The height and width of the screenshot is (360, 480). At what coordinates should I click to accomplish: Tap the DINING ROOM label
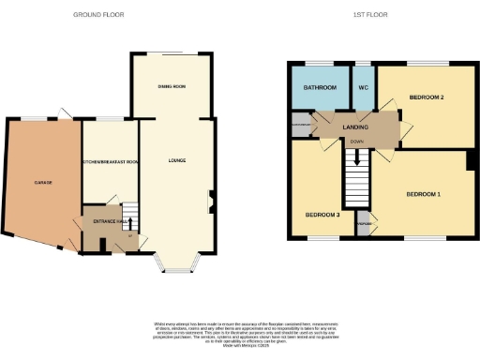pyautogui.click(x=172, y=86)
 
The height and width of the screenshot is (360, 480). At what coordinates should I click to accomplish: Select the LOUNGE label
pyautogui.click(x=176, y=160)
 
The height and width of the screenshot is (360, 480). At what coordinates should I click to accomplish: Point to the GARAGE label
pyautogui.click(x=43, y=182)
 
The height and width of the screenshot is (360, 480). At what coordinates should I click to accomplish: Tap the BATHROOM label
pyautogui.click(x=319, y=89)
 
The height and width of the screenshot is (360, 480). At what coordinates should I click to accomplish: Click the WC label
pyautogui.click(x=364, y=89)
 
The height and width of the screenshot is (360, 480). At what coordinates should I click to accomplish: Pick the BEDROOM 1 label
pyautogui.click(x=423, y=194)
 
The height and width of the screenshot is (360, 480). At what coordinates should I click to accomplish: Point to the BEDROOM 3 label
pyautogui.click(x=321, y=215)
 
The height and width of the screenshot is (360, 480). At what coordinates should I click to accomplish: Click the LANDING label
pyautogui.click(x=355, y=127)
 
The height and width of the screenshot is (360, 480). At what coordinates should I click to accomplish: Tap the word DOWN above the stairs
pyautogui.click(x=356, y=142)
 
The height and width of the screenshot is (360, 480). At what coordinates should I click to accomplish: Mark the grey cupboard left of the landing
pyautogui.click(x=300, y=124)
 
